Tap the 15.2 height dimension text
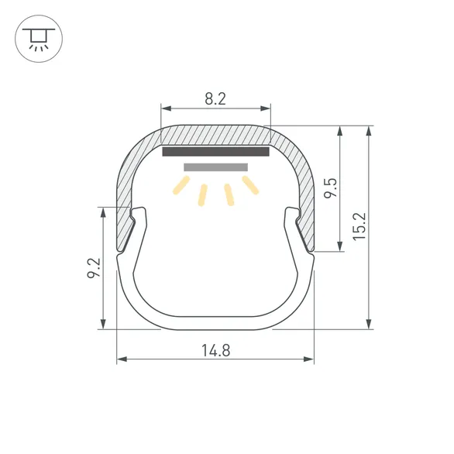[357, 226]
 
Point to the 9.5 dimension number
[330, 189]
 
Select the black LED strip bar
[215, 152]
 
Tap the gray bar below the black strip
[215, 167]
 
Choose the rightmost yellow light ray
[249, 185]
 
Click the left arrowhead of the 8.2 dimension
[163, 108]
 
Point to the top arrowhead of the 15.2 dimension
[369, 130]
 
